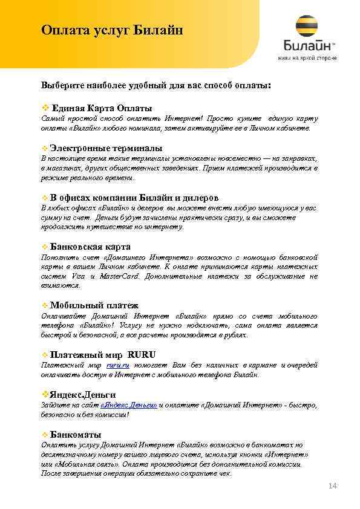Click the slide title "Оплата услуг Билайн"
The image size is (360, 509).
112,30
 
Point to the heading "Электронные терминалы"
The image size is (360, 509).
106,148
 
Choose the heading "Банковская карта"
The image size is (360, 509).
90,247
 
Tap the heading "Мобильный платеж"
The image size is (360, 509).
94,305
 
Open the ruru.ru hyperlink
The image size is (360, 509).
118,365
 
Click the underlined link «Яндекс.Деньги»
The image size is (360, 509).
129,404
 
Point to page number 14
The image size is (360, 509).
332,486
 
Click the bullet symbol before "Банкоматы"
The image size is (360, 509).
44,435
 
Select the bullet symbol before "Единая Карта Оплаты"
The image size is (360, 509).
44,108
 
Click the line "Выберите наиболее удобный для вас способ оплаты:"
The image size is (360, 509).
156,85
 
